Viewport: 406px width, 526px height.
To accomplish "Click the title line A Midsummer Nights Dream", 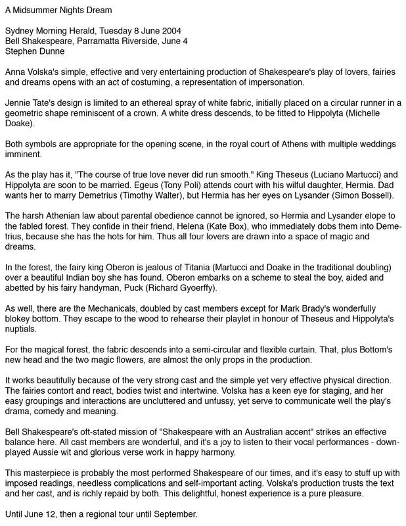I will (58, 11).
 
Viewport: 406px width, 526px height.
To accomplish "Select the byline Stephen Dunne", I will (35, 51).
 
